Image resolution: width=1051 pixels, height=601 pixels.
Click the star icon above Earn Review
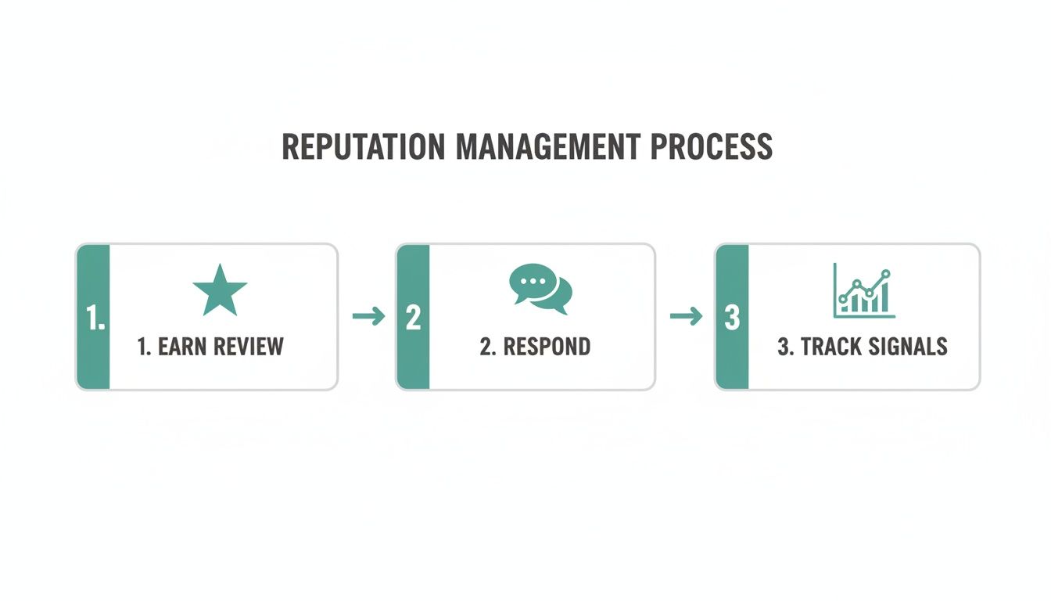[220, 290]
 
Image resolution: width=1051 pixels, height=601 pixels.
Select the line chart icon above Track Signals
[864, 290]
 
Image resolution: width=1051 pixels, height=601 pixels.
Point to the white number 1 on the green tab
[95, 318]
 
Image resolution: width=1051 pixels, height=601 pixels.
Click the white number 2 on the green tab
[413, 318]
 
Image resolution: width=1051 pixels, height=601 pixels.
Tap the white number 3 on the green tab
[732, 318]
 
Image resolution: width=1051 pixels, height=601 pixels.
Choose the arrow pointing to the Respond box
[368, 316]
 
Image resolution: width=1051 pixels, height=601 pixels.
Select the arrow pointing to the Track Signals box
[686, 316]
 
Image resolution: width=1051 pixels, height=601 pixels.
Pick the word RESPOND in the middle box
[547, 347]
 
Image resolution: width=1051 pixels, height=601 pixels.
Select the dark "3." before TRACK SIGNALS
[784, 347]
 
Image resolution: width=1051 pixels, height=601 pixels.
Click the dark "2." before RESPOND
[488, 347]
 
